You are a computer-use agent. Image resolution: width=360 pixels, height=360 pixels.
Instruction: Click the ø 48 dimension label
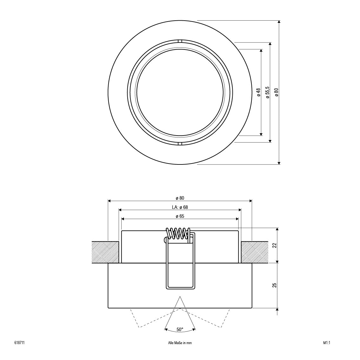[259, 92]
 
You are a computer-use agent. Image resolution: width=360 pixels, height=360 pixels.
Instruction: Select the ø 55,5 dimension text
[267, 92]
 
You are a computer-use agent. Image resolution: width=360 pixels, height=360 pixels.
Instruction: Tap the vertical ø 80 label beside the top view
[277, 92]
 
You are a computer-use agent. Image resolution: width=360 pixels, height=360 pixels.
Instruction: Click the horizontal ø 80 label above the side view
[180, 198]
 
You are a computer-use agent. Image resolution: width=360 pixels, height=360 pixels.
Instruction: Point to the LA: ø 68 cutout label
[180, 207]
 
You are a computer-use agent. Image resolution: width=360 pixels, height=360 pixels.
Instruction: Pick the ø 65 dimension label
[180, 216]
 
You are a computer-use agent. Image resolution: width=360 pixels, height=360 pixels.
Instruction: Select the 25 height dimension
[274, 285]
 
